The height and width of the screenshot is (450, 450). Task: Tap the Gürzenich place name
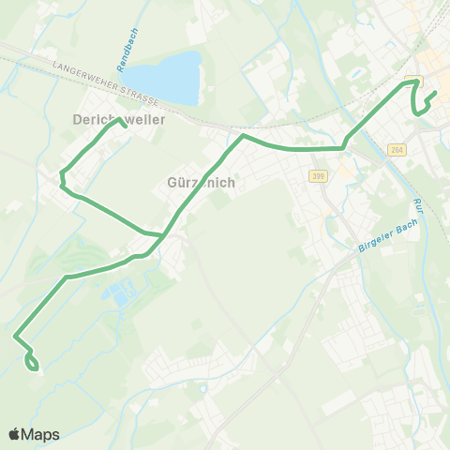(201, 183)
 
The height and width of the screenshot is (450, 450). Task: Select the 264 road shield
(397, 150)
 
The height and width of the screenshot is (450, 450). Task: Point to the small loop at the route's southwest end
(33, 361)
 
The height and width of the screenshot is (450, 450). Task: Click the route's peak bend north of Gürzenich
(244, 136)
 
